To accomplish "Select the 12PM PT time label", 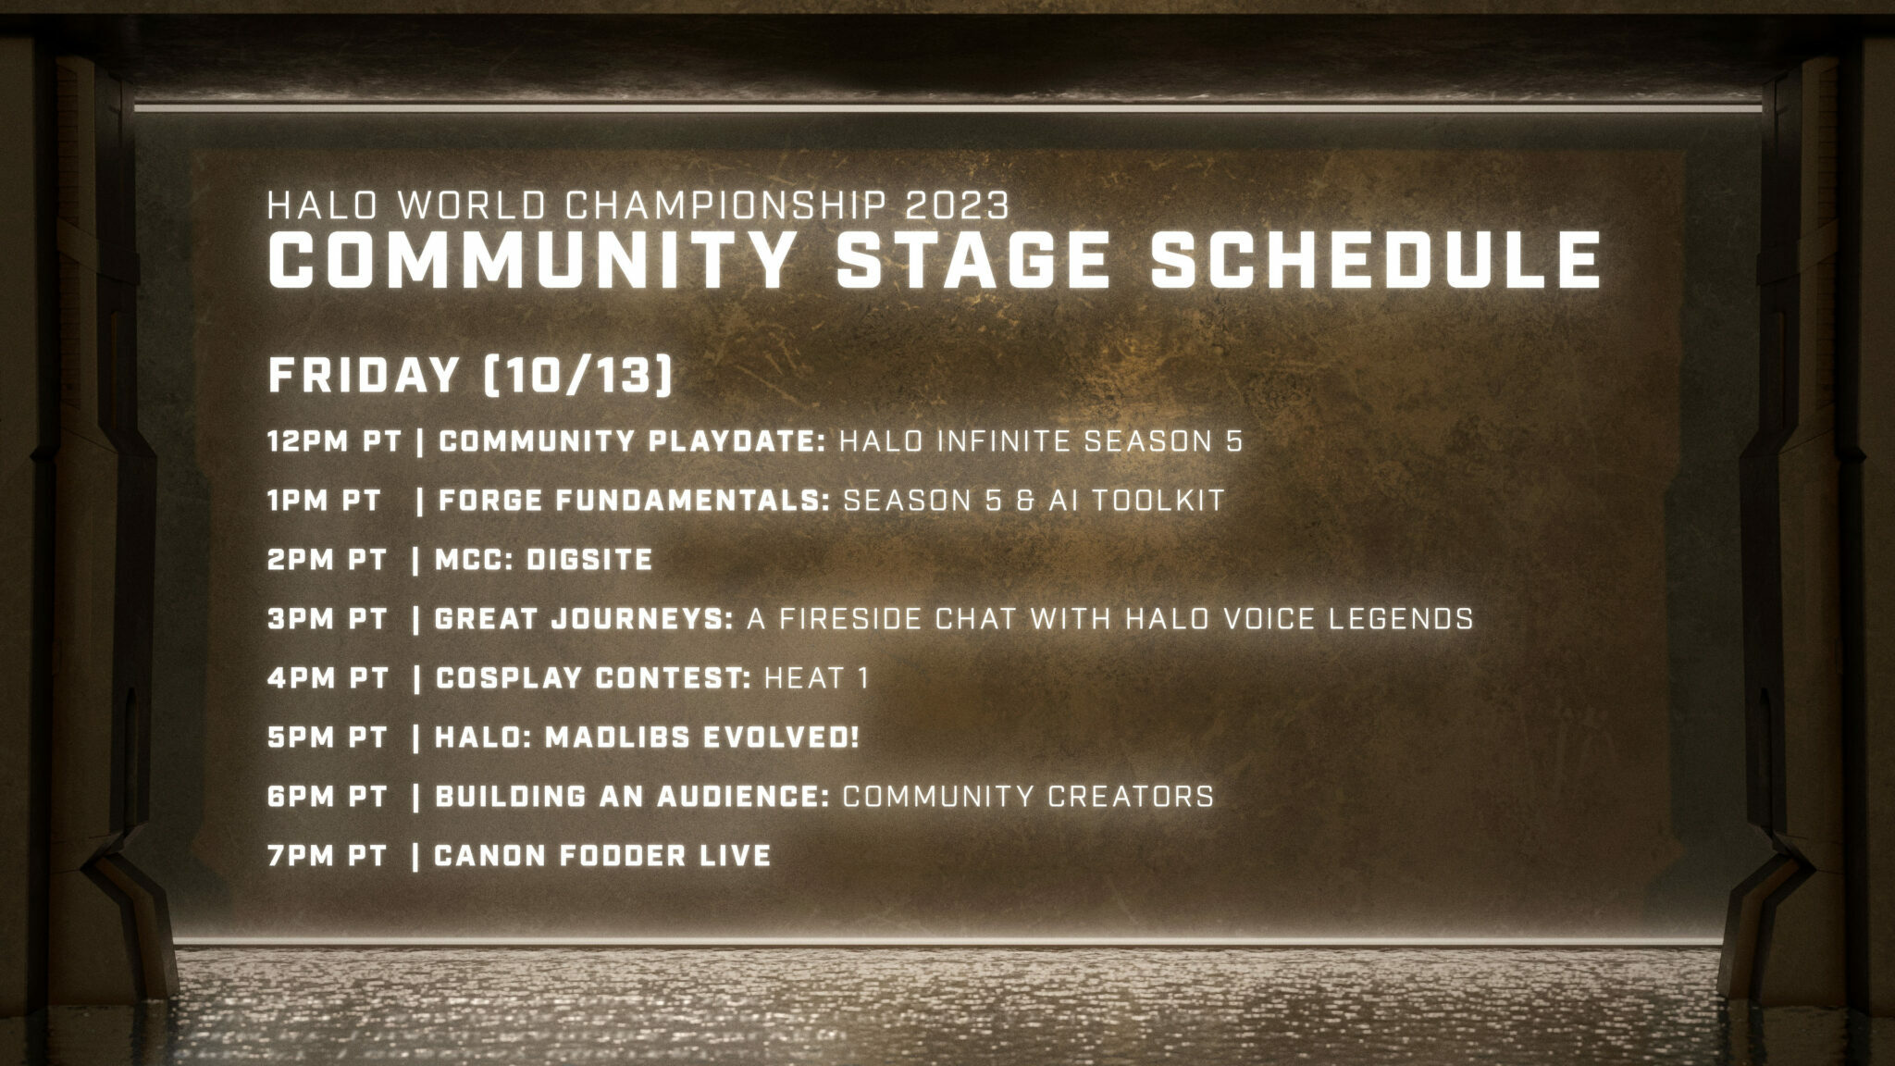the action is [334, 441].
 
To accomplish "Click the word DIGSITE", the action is [588, 560].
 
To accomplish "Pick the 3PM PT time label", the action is [327, 619].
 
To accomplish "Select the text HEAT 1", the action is [816, 678].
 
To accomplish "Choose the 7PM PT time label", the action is [327, 856].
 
